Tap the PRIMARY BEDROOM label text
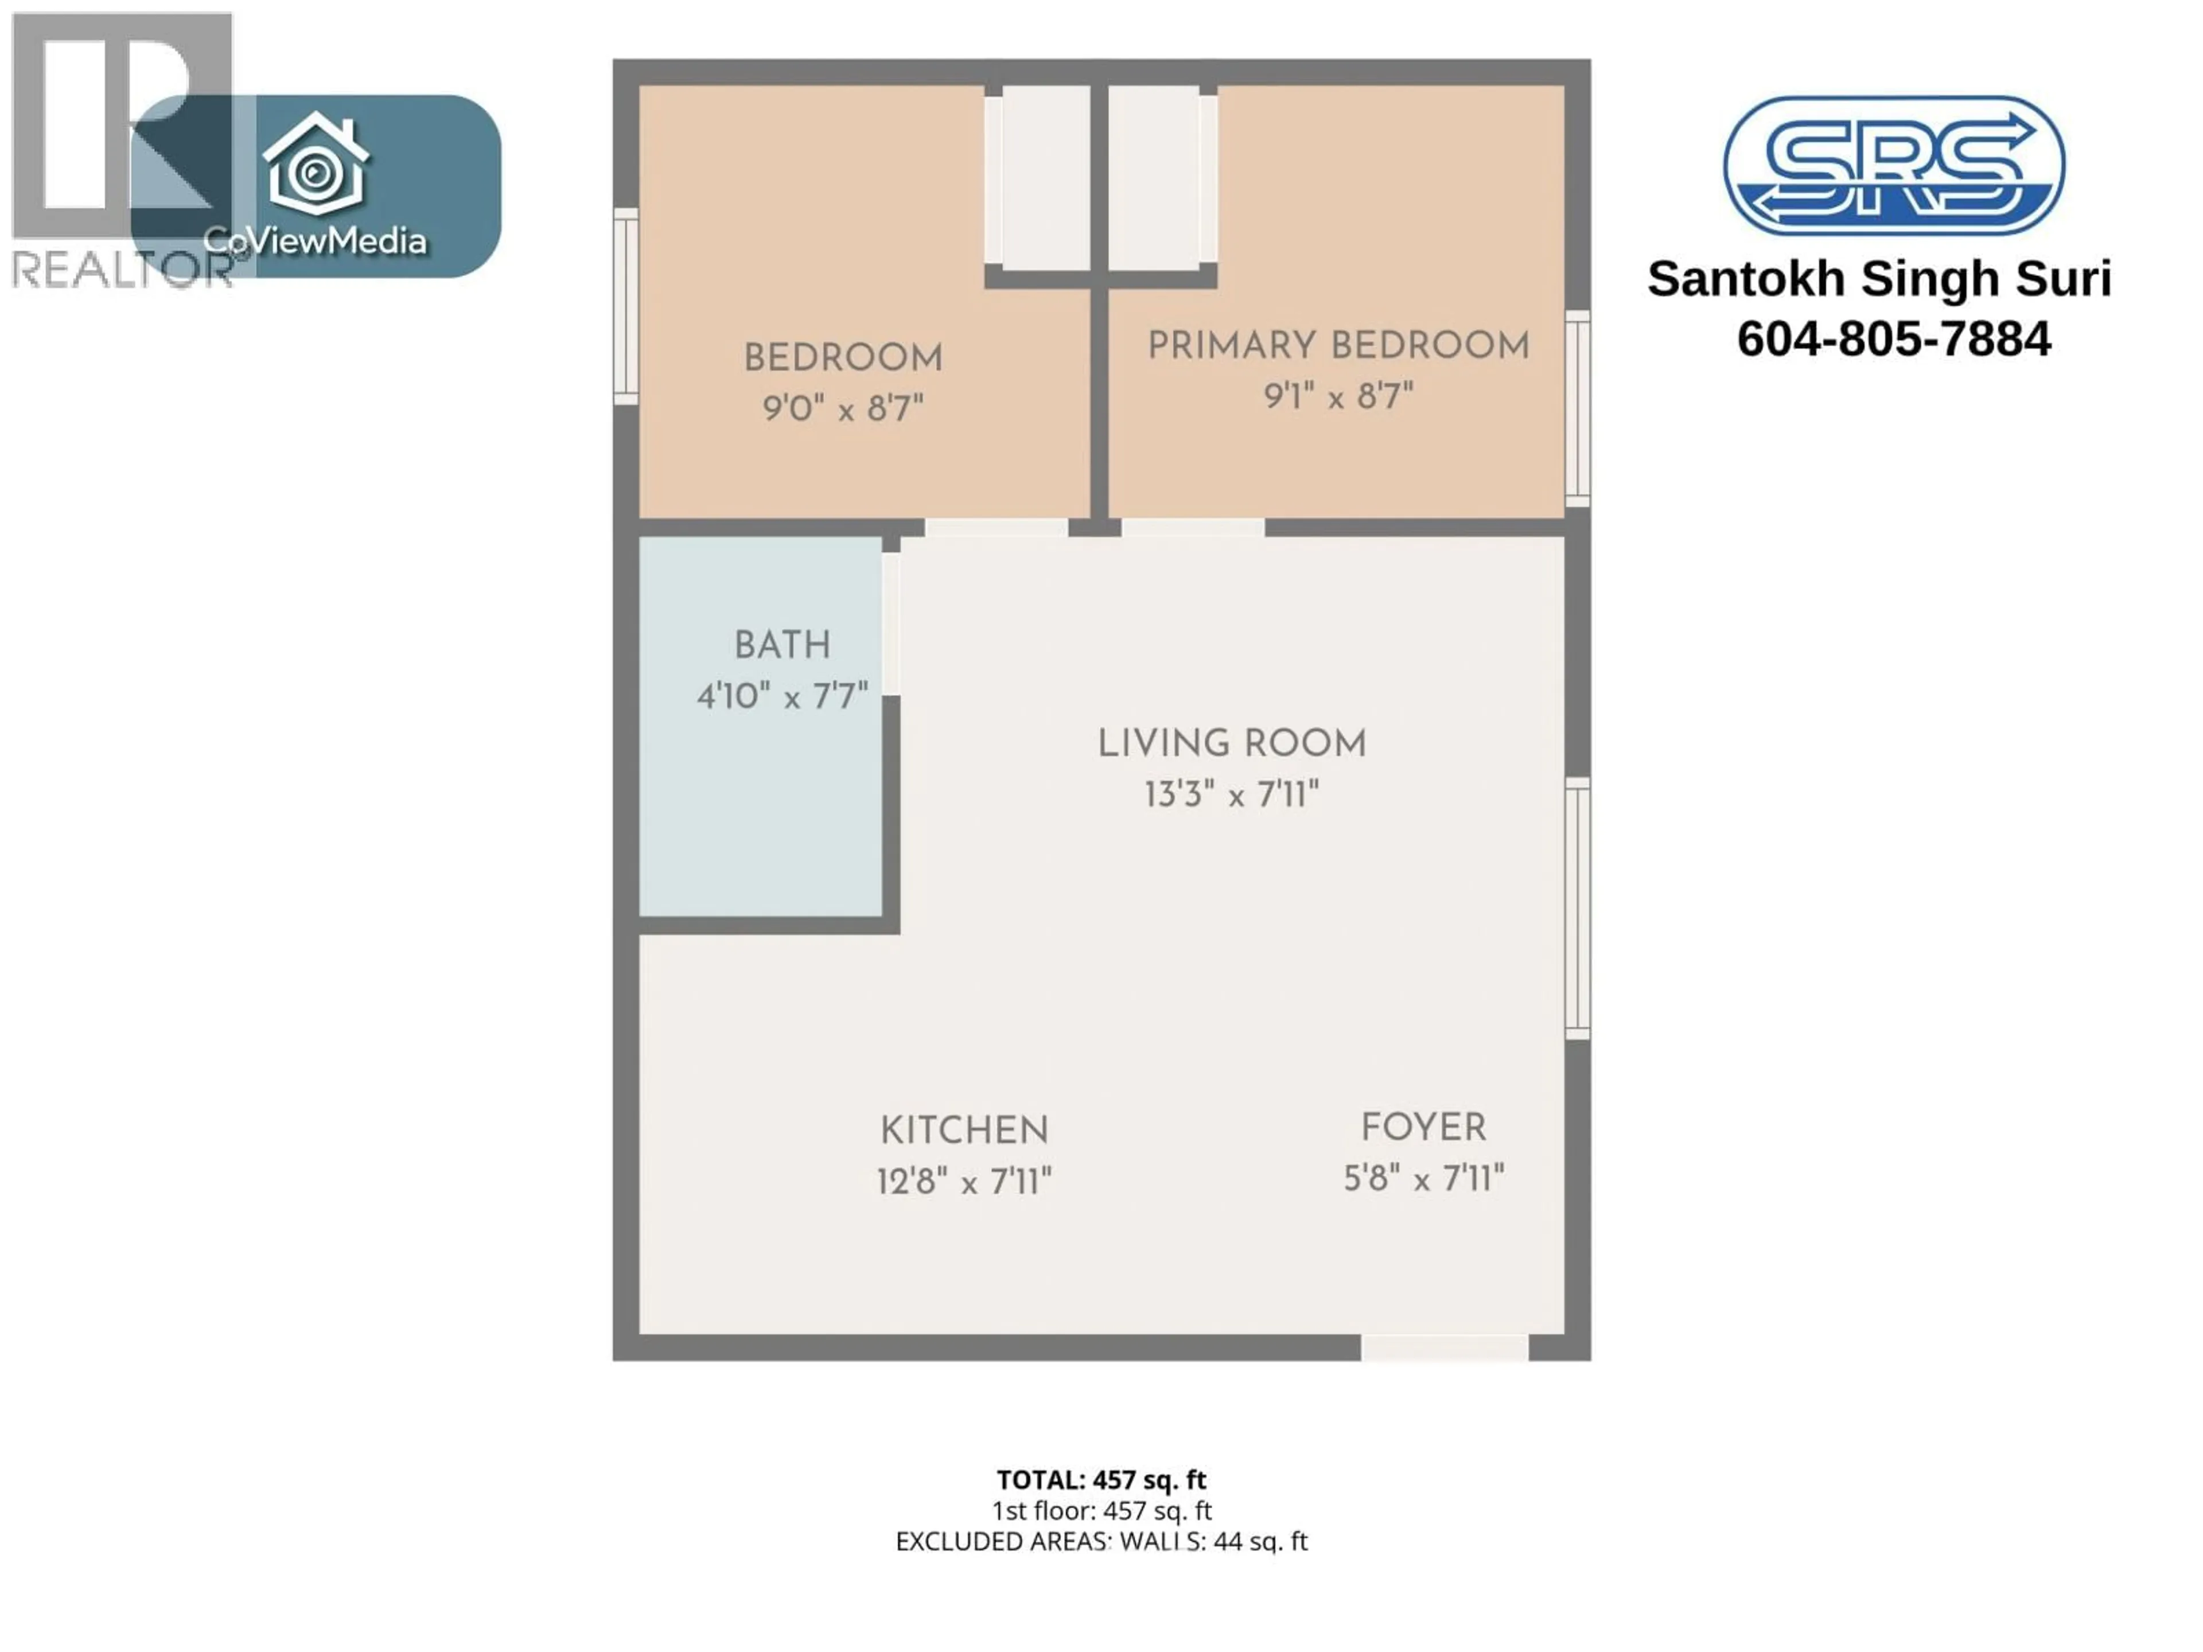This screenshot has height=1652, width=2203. pyautogui.click(x=1337, y=345)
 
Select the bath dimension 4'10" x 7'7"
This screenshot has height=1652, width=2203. pyautogui.click(x=782, y=696)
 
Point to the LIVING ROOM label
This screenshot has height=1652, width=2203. pyautogui.click(x=1232, y=744)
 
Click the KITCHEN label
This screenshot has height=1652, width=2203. pyautogui.click(x=964, y=1131)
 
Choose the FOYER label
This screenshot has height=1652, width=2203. pyautogui.click(x=1423, y=1128)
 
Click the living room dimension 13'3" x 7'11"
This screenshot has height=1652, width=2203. pyautogui.click(x=1232, y=794)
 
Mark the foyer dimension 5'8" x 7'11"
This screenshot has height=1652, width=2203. pyautogui.click(x=1423, y=1179)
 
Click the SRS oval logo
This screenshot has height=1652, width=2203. pyautogui.click(x=1893, y=165)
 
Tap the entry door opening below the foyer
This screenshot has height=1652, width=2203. pyautogui.click(x=1444, y=1347)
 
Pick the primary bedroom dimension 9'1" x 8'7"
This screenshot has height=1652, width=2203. pyautogui.click(x=1337, y=396)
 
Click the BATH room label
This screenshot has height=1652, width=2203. pyautogui.click(x=782, y=645)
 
